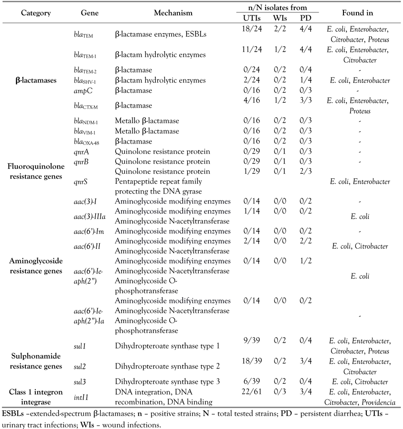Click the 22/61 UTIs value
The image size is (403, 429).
pos(246,392)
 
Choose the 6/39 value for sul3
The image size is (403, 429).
pos(246,382)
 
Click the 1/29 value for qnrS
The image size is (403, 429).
pos(246,172)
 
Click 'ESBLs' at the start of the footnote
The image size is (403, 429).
pos(12,413)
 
